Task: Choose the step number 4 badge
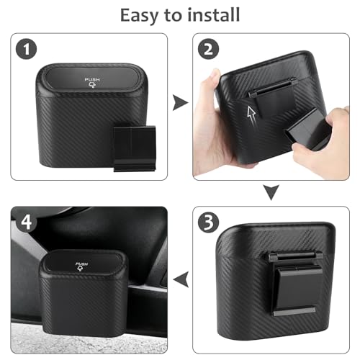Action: pos(27,222)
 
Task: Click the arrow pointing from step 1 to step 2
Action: pos(179,104)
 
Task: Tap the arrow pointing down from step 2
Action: pos(270,192)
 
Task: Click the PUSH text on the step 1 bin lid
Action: pos(92,79)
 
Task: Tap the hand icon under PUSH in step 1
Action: pos(92,89)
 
